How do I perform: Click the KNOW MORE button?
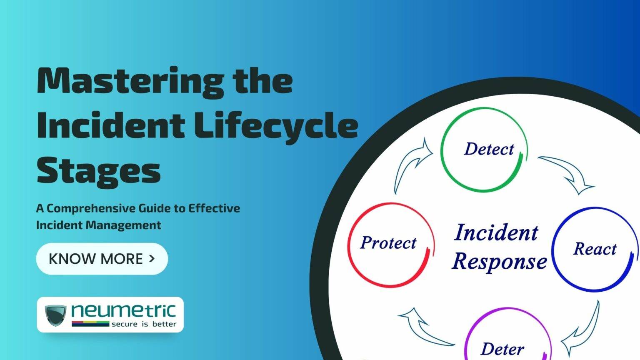[x=102, y=259]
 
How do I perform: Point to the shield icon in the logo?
[x=55, y=315]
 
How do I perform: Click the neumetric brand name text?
[x=123, y=311]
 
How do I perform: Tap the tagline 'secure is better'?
[x=144, y=324]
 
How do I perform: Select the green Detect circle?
[x=483, y=149]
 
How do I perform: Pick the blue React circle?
[x=595, y=249]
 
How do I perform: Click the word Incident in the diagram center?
[x=496, y=232]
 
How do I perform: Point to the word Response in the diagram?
[x=499, y=262]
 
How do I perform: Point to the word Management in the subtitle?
[x=123, y=225]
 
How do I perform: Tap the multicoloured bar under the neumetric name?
[x=90, y=323]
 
